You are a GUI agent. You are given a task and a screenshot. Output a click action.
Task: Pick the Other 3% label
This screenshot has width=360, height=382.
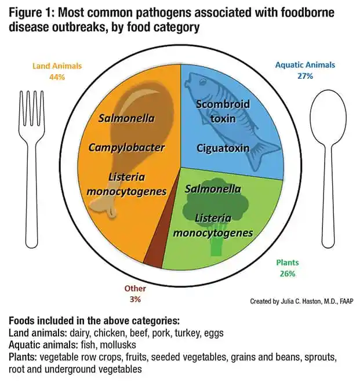point(136,293)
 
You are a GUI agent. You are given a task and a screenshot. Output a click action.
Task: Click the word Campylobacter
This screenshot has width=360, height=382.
point(126,147)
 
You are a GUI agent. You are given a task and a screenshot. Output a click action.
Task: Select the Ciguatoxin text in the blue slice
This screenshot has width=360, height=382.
point(223,148)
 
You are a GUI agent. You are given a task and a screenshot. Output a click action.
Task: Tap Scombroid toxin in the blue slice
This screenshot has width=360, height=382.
point(223,111)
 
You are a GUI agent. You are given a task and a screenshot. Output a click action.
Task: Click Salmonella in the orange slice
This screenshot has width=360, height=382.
point(126,119)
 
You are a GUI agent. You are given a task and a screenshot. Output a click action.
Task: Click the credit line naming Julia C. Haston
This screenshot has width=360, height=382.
point(301,301)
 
